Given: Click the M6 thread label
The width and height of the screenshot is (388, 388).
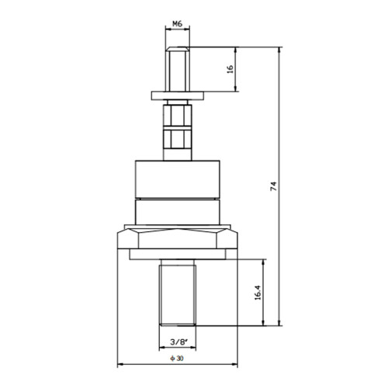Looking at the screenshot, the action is pos(177,24).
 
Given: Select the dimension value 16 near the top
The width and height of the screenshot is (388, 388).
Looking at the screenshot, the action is pos(230,69).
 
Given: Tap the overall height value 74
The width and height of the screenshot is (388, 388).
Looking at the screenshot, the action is pos(273,186).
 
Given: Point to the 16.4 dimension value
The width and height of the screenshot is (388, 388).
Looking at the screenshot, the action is pos(258,293).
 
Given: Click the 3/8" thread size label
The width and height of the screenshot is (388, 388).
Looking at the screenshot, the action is pos(178,342).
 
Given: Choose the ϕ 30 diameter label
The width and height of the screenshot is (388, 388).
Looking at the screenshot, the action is pos(177,359).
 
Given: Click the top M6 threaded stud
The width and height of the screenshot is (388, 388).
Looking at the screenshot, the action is pos(178,69).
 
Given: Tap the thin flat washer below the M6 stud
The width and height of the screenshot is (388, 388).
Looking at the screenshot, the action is pos(178,95).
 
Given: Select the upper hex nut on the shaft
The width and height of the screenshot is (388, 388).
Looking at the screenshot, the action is pos(178,116).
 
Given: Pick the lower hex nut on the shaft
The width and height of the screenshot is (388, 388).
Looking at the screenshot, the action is pos(178,140).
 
